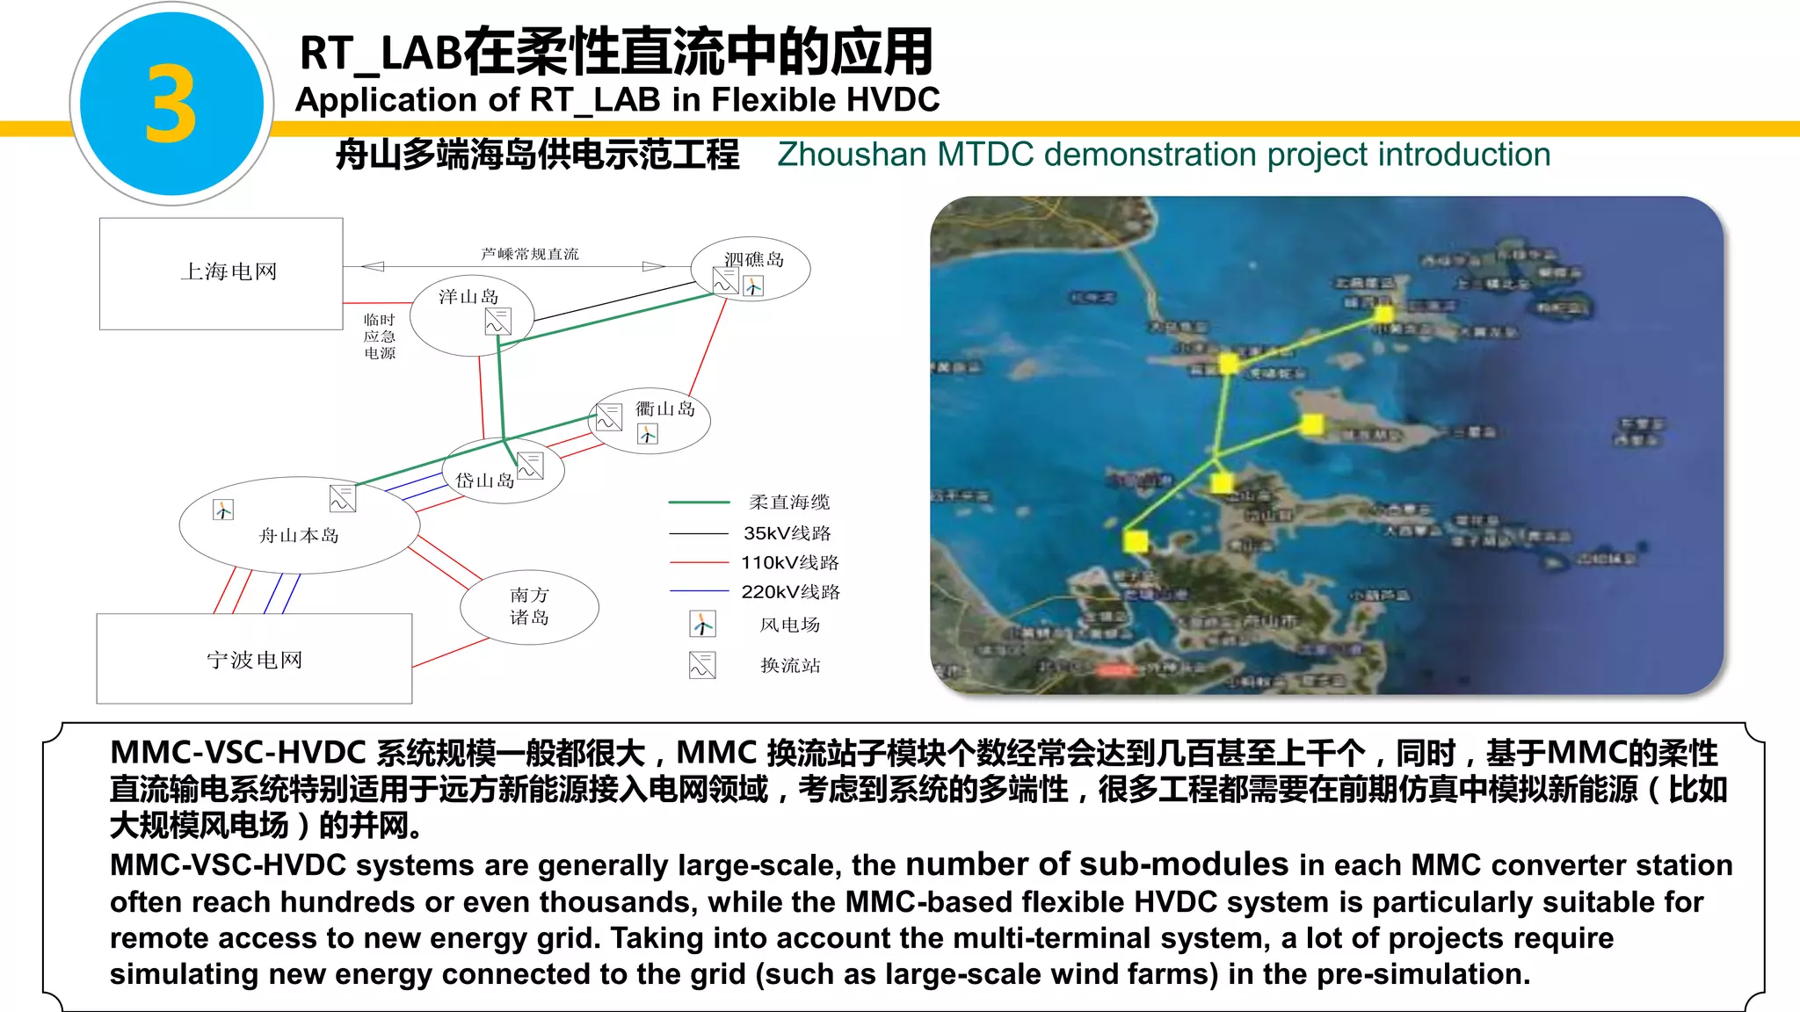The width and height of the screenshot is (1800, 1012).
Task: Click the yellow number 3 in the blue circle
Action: [171, 104]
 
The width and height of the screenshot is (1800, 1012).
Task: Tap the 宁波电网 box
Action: [254, 659]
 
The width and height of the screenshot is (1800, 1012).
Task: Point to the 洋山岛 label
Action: [468, 297]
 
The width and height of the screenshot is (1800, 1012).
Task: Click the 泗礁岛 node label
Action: [754, 259]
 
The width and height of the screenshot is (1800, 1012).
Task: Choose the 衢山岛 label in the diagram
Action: [665, 408]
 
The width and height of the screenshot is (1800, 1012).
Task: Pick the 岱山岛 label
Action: [484, 480]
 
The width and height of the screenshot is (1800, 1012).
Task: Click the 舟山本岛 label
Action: [299, 535]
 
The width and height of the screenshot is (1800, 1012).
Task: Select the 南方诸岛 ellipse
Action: [529, 606]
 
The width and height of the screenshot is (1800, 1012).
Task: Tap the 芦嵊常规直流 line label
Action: [530, 254]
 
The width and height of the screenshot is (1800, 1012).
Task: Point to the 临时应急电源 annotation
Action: [380, 336]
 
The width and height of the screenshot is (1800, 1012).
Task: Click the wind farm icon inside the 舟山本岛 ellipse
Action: [223, 510]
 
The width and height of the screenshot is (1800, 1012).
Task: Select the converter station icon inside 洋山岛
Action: [497, 321]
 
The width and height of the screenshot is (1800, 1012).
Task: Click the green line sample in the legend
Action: [699, 502]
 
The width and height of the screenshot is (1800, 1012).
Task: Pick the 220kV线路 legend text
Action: [790, 592]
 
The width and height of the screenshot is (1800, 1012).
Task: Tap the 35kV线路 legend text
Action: [787, 533]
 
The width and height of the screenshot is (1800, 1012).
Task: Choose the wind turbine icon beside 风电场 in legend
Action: [702, 624]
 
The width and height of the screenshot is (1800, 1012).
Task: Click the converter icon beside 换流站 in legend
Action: [702, 665]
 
